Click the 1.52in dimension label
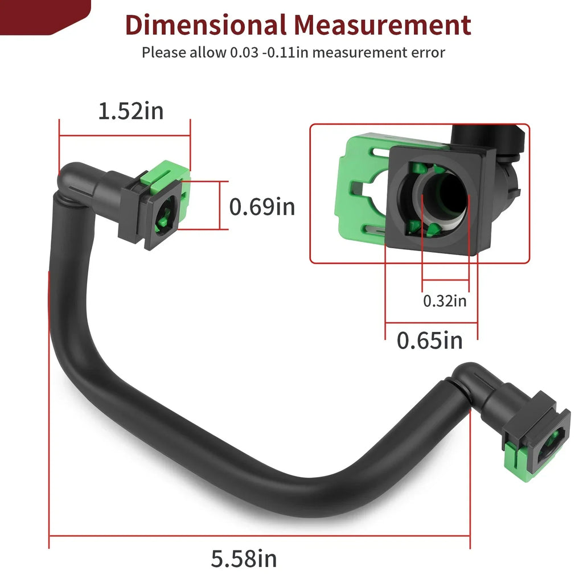tap(131, 111)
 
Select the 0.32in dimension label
tap(445, 301)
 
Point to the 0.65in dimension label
tap(430, 340)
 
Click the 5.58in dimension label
tap(244, 559)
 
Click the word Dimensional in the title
tap(206, 25)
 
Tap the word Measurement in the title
tap(383, 25)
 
